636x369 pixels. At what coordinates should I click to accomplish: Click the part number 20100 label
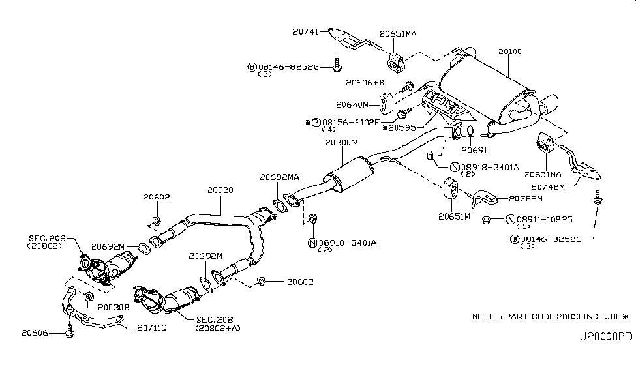pyautogui.click(x=509, y=51)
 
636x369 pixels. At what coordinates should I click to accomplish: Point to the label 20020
pyautogui.click(x=220, y=190)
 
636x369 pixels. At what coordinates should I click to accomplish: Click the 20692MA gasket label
pyautogui.click(x=279, y=176)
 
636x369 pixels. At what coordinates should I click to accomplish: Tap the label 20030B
pyautogui.click(x=114, y=305)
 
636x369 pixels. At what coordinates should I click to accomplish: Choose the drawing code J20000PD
pyautogui.click(x=606, y=339)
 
